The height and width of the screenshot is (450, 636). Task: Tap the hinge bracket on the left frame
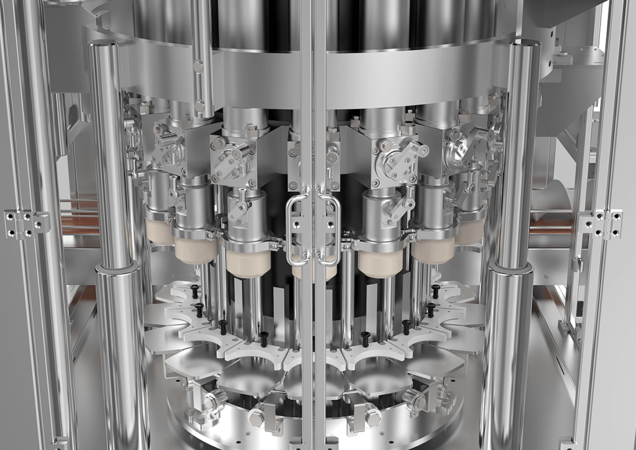(x=26, y=223)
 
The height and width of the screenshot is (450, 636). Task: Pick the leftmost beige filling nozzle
(x=160, y=232)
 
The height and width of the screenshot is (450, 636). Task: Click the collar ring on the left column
(x=117, y=269)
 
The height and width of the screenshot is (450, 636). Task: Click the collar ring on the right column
(x=511, y=269)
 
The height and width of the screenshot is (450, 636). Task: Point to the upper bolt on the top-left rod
(x=198, y=66)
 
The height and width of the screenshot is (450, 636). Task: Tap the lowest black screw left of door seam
(x=263, y=338)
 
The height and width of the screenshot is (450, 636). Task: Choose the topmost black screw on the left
(x=194, y=289)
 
